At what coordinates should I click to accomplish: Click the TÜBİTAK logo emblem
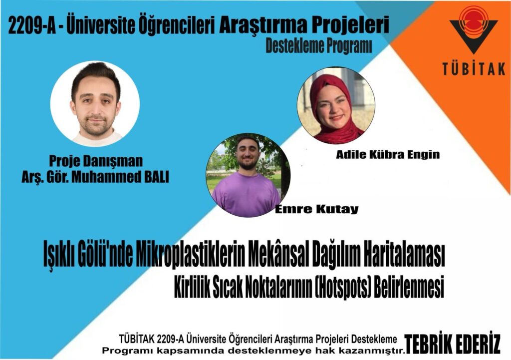tap(474, 29)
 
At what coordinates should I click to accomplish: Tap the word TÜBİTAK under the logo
tap(474, 69)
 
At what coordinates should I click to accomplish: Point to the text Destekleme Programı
tap(319, 46)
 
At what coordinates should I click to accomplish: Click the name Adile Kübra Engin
tap(388, 154)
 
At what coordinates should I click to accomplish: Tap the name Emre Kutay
tap(317, 209)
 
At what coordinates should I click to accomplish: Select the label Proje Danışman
tap(96, 161)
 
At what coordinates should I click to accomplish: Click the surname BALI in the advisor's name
tap(156, 177)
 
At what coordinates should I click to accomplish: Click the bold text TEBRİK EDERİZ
tap(452, 344)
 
